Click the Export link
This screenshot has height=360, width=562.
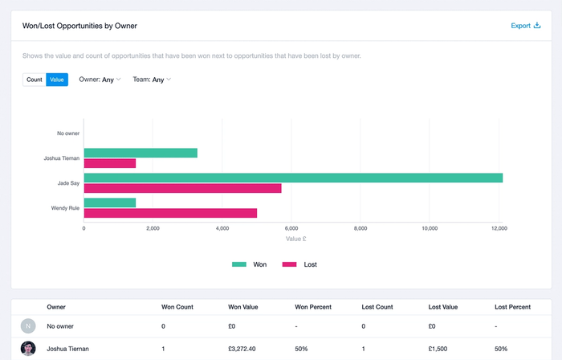pyautogui.click(x=526, y=26)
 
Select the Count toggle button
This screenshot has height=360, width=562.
pyautogui.click(x=35, y=80)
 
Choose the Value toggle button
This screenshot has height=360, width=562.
pyautogui.click(x=57, y=80)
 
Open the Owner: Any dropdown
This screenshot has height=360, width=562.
pyautogui.click(x=100, y=80)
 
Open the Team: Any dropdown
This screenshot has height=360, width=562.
pyautogui.click(x=152, y=80)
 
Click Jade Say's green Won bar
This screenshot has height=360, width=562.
pyautogui.click(x=293, y=178)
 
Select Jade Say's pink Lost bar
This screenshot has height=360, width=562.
pyautogui.click(x=182, y=188)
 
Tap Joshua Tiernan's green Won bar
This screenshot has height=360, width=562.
pyautogui.click(x=140, y=153)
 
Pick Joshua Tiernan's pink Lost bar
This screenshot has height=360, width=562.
pyautogui.click(x=110, y=163)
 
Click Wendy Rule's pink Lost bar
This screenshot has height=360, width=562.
pyautogui.click(x=170, y=213)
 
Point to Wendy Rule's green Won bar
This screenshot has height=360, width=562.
pyautogui.click(x=110, y=202)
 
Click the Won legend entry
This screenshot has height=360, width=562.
pyautogui.click(x=250, y=264)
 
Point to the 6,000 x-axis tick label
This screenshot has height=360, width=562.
pyautogui.click(x=291, y=228)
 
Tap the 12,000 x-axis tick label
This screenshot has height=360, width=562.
pyautogui.click(x=499, y=228)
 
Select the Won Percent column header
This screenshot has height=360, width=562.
pyautogui.click(x=314, y=307)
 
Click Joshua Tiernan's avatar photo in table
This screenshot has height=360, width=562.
pyautogui.click(x=29, y=349)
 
